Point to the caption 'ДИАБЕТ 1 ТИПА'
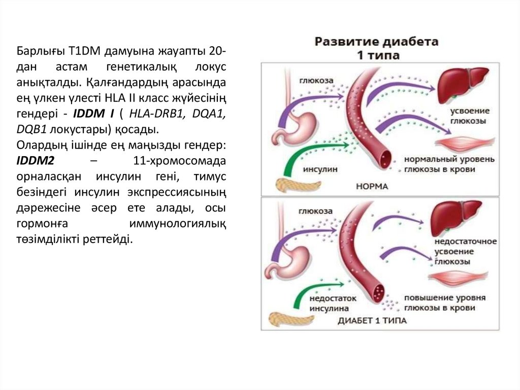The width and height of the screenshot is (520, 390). (x=372, y=321)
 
